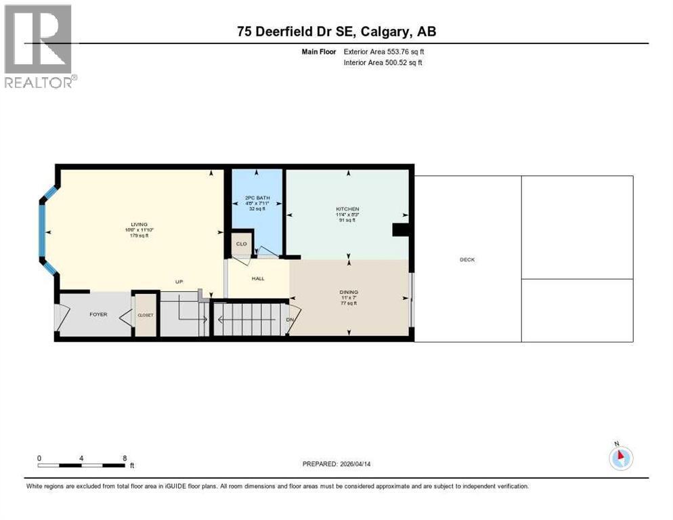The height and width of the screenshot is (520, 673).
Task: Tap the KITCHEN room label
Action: coord(347,209)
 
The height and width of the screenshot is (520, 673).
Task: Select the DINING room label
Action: coord(349,292)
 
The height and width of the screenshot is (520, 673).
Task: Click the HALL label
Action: coord(258,278)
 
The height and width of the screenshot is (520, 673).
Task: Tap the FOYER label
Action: coord(99,315)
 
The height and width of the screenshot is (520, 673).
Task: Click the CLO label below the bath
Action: coord(241,244)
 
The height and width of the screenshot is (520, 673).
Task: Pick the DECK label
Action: coord(467,259)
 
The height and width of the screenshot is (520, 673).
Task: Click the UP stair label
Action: coord(179,282)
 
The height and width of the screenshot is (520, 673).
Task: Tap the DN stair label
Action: coord(289,320)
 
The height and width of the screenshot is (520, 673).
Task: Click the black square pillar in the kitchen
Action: coord(401,230)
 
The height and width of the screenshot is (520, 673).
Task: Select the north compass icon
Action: coord(620,458)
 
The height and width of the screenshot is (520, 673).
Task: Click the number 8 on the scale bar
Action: coord(125,458)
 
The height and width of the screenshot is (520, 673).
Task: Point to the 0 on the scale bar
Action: coord(39,458)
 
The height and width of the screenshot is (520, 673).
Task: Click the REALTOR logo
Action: coord(39,46)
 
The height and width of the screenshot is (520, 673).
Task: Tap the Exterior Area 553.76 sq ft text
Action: coord(384,51)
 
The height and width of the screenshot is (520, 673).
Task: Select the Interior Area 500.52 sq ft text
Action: coord(383,63)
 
